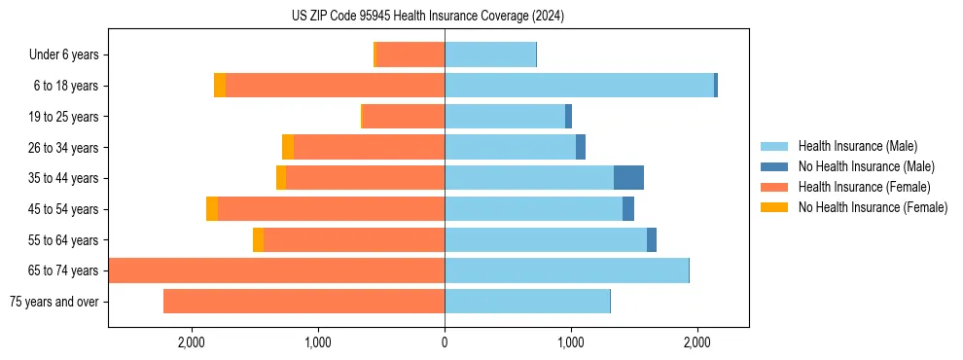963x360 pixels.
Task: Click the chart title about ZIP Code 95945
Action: [x=427, y=16]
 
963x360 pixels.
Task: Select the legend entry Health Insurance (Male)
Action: [x=857, y=146]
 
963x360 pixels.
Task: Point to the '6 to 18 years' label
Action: [x=66, y=86]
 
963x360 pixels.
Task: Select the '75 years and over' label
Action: [x=54, y=302]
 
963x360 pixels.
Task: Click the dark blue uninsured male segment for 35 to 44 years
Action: [x=628, y=178]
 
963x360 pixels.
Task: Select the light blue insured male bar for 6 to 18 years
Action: [x=579, y=86]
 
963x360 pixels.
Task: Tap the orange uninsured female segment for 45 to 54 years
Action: [x=212, y=209]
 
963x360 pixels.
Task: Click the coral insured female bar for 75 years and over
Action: [x=303, y=302]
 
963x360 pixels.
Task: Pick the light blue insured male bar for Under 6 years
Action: [x=490, y=55]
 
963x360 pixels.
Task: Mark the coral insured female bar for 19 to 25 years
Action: [x=404, y=117]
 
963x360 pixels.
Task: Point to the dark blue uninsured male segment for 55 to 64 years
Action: [x=652, y=240]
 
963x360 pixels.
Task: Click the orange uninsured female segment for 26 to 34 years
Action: [x=288, y=148]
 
